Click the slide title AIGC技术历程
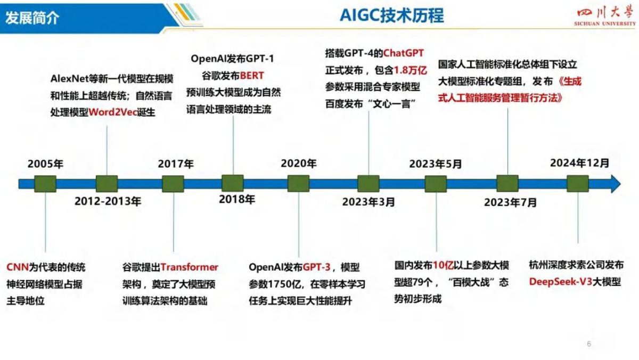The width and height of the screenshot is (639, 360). pos(391,15)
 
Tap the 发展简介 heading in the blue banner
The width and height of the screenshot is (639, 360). pos(32,17)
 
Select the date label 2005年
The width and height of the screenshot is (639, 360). pos(45,163)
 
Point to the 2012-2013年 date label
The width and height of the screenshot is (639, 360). pos(108,201)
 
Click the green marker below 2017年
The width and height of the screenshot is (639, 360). pos(173,184)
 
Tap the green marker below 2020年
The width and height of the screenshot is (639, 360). pos(298,184)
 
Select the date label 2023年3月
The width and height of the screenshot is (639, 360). pos(368,202)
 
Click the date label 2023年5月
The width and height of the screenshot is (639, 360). pos(436,164)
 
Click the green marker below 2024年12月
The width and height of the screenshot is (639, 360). pos(577,184)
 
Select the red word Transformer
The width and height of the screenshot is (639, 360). pos(189,267)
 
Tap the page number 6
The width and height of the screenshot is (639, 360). pos(589,343)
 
